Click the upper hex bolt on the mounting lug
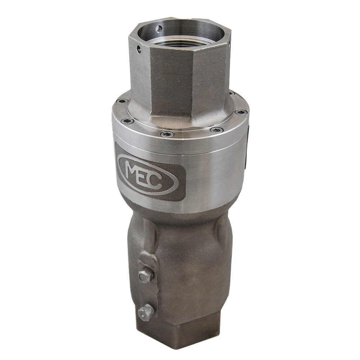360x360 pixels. click(143, 275)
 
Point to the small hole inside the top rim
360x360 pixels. click(158, 27)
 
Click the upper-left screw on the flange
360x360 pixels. click(123, 101)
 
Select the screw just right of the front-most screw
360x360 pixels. click(215, 129)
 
